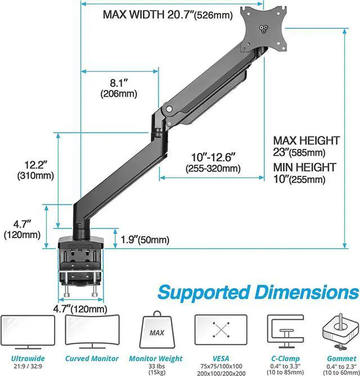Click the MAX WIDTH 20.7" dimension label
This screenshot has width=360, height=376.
pos(167,14)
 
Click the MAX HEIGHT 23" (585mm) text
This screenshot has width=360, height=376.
pos(307,146)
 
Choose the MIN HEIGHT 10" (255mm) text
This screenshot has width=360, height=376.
pos(305,173)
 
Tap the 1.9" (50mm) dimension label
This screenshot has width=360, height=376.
pos(145,240)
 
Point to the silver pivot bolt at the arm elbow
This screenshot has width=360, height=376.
pos(169,106)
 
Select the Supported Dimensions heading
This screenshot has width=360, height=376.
pos(258,293)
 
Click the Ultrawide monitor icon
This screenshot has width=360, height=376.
pos(29,331)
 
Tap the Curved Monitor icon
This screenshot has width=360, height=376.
pos(92,330)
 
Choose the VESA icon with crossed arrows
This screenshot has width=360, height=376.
pos(220,331)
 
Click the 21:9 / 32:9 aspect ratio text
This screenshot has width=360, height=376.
pos(29,366)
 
